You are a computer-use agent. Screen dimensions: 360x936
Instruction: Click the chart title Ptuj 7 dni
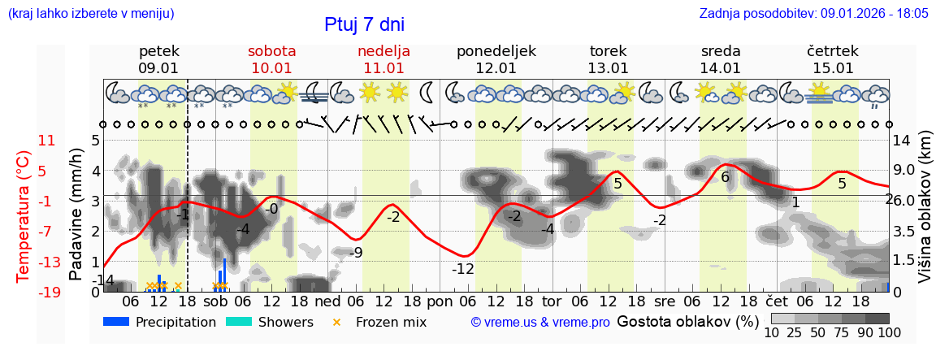[364, 24]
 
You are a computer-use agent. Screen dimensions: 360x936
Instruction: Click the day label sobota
[271, 51]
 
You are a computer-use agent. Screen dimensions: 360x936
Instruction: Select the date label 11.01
[383, 68]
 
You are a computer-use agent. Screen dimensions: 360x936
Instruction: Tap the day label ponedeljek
[496, 51]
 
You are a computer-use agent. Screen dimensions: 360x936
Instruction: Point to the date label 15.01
[833, 68]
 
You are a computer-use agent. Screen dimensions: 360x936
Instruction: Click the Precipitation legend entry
[160, 322]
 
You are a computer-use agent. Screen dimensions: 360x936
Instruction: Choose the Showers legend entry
[269, 322]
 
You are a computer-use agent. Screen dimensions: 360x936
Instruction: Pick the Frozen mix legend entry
[382, 322]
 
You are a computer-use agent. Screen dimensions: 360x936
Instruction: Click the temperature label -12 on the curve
[463, 269]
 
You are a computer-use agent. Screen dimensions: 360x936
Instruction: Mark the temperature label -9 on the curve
[355, 253]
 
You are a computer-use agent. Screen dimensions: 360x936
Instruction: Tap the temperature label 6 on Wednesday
[725, 177]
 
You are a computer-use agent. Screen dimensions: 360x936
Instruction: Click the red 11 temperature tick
[24, 141]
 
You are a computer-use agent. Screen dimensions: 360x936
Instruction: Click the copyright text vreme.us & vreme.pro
[540, 323]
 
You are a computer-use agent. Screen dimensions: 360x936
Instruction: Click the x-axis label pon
[440, 301]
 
